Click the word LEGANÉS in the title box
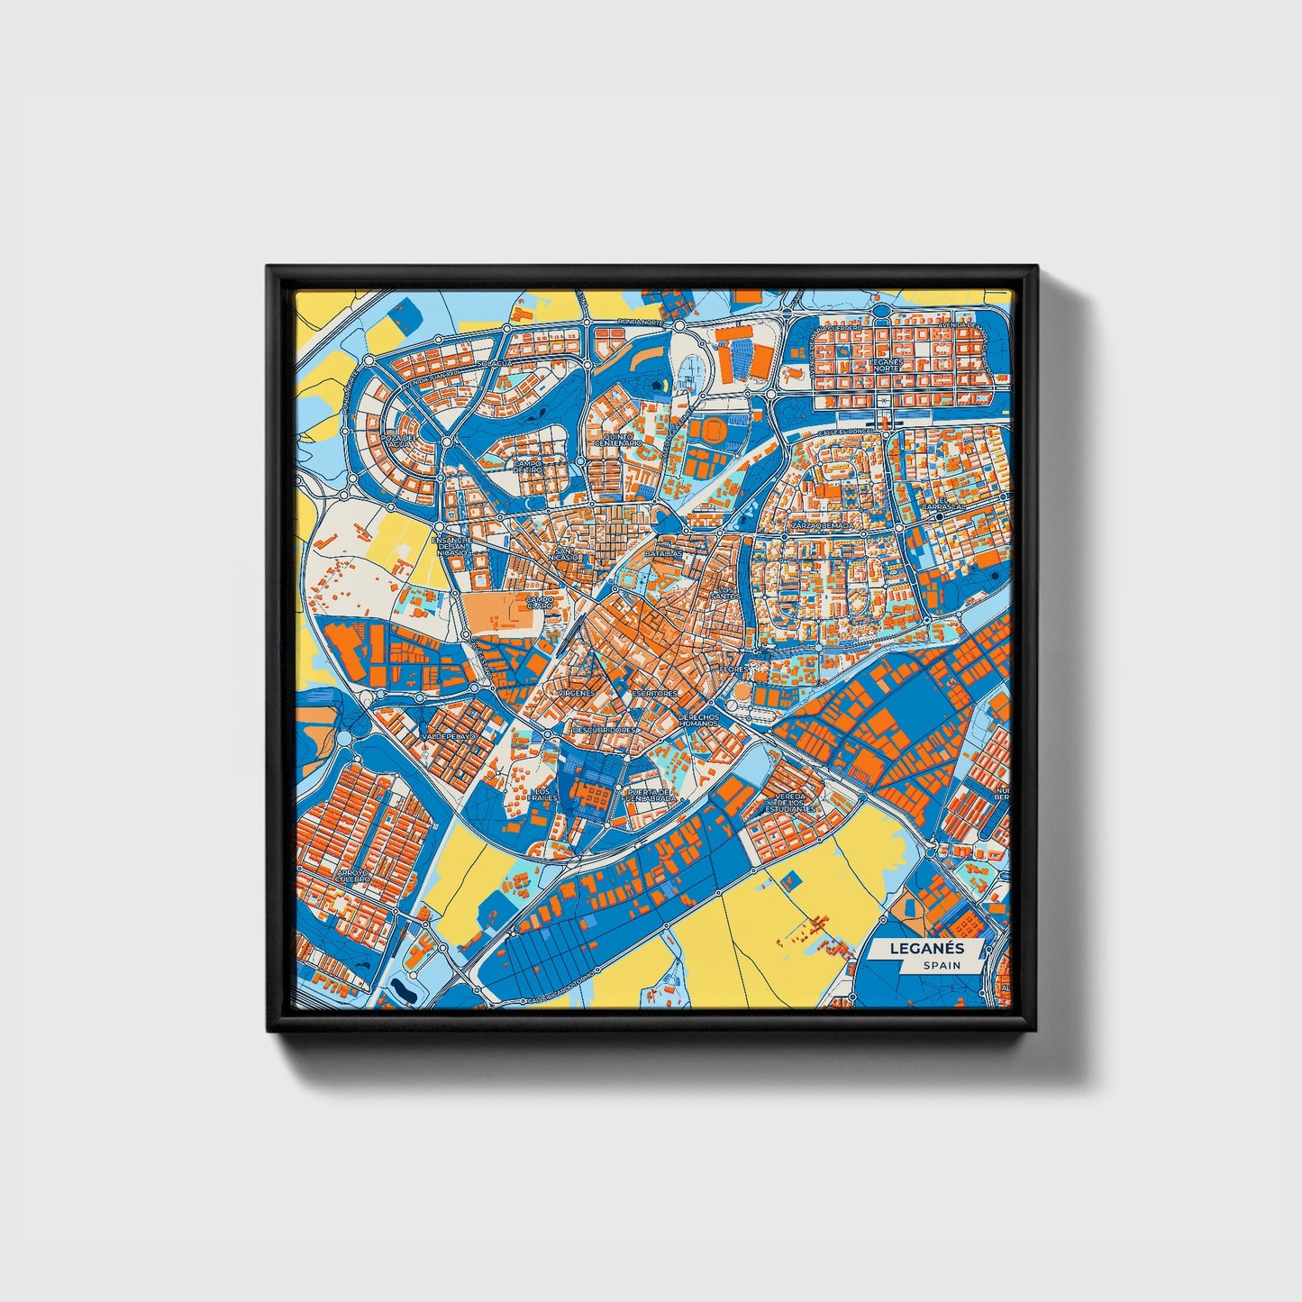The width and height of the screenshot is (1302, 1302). (926, 948)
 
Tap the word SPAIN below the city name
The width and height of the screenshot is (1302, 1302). (941, 965)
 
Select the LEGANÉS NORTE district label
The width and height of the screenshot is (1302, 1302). (885, 365)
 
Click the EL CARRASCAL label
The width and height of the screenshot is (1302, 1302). (943, 504)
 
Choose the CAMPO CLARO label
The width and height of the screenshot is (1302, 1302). (540, 600)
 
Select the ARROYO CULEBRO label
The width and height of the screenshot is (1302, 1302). (353, 876)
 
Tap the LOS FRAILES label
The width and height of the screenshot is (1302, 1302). (542, 794)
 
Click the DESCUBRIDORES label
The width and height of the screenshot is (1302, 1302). (604, 729)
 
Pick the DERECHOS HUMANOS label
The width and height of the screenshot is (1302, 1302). (699, 721)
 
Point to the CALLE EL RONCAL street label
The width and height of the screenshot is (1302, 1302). (844, 432)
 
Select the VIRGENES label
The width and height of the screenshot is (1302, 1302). (577, 693)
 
